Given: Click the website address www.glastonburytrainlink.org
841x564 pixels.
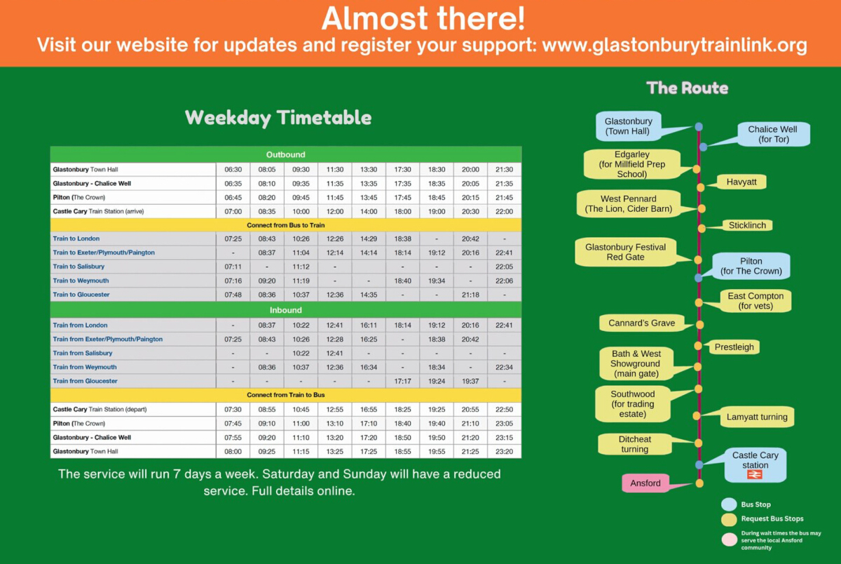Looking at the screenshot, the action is (x=675, y=46).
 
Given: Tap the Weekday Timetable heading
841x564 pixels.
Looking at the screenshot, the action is (x=278, y=118).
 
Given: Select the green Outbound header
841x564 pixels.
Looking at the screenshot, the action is (x=286, y=154).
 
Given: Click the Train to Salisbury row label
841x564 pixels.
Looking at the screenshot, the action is (x=78, y=267).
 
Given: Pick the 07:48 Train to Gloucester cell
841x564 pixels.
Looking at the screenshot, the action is (x=233, y=295).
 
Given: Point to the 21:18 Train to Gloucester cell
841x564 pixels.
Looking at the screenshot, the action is (x=470, y=295).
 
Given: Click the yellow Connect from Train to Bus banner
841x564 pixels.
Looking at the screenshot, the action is (x=286, y=395).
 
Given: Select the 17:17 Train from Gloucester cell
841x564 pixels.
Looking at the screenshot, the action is (x=402, y=381).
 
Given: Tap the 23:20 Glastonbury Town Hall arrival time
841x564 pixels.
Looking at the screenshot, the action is (x=504, y=451).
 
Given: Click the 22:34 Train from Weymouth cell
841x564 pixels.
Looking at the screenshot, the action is (x=504, y=367).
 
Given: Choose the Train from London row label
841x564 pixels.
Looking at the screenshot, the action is (x=80, y=325).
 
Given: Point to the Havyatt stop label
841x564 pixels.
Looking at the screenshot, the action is (x=741, y=182).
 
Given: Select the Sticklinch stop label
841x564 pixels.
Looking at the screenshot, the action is (x=747, y=225).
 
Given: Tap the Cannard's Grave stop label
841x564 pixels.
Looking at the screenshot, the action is (x=642, y=323).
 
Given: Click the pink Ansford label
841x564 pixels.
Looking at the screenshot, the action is (x=645, y=483).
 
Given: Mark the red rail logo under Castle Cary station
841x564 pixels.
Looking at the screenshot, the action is (x=755, y=475).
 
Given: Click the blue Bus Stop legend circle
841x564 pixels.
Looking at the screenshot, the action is (x=729, y=504).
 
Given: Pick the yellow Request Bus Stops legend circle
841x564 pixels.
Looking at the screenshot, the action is (x=729, y=519).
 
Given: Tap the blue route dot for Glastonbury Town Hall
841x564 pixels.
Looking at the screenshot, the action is (x=699, y=127).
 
